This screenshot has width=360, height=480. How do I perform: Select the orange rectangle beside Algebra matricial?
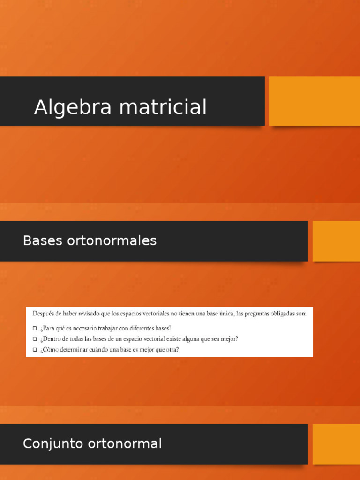pos(314,101)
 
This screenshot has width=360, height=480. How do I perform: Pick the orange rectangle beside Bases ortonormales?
pos(336,241)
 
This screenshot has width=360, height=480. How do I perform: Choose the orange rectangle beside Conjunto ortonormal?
pos(336,443)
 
